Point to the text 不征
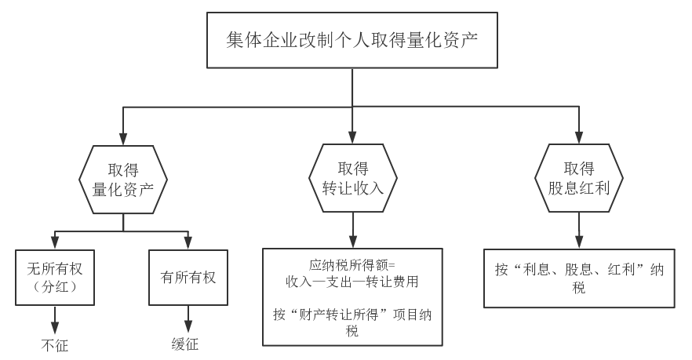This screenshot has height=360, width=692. pos(55,345)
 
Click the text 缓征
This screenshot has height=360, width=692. pos(185,344)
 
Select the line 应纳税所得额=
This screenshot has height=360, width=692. pos(352,265)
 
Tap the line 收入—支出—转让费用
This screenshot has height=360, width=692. pos(352,282)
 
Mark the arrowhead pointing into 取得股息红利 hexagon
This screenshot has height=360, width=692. pos(579,138)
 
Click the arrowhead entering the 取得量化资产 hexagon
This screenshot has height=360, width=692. pos(123,139)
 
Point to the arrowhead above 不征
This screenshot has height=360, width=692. pos(55,327)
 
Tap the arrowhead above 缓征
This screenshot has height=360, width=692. pos(188,326)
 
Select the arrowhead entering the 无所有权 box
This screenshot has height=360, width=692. pos(55,243)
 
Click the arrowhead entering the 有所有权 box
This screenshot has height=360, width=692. pos(188,243)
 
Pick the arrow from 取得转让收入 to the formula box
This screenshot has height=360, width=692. pos(352,231)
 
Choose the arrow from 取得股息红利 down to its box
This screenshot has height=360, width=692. pos(579,231)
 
